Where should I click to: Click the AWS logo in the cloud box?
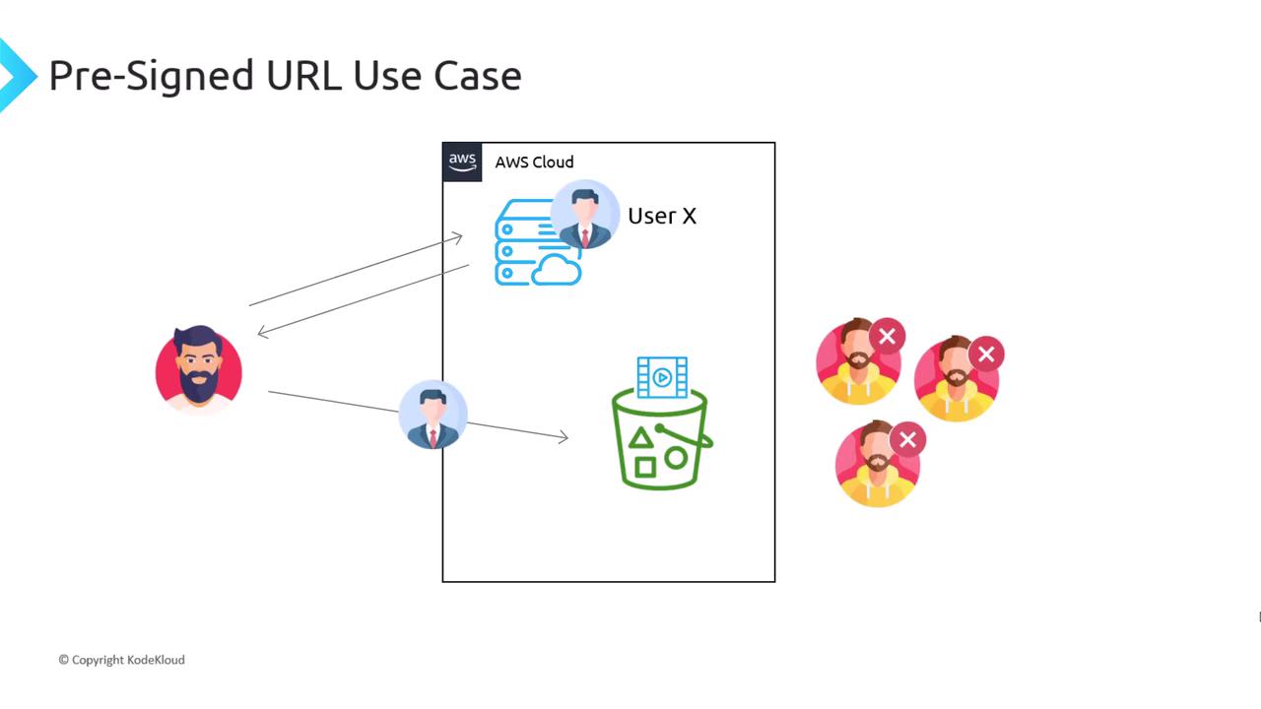click(x=462, y=161)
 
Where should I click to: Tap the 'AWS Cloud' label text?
click(x=534, y=162)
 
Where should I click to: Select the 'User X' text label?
click(x=662, y=217)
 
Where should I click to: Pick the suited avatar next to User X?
click(x=585, y=214)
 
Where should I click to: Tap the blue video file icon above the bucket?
click(x=662, y=377)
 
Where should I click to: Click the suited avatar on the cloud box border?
click(x=433, y=415)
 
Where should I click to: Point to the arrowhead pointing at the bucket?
click(x=564, y=437)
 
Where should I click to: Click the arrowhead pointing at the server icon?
click(x=457, y=236)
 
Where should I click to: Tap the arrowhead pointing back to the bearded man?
click(x=262, y=332)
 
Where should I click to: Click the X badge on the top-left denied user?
click(x=887, y=337)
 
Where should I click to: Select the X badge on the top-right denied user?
click(x=986, y=354)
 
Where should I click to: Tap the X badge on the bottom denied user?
click(x=907, y=439)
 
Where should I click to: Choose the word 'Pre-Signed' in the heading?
click(x=150, y=76)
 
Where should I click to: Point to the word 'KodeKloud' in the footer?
click(x=156, y=660)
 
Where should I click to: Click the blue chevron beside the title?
click(x=14, y=75)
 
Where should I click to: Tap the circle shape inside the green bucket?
click(x=676, y=458)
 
